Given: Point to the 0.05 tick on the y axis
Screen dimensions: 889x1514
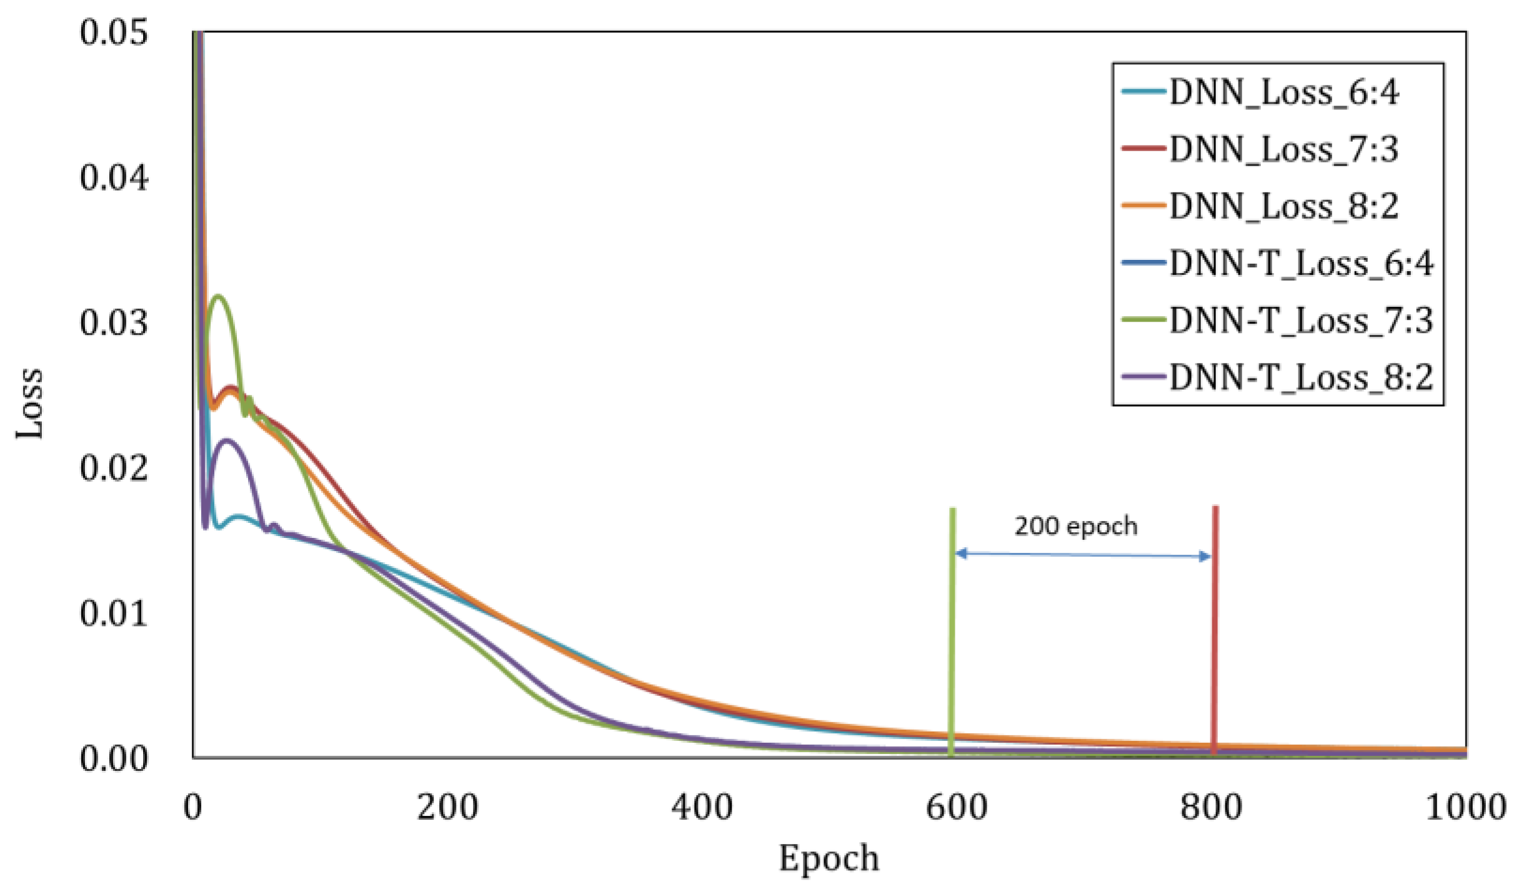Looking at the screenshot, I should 114,32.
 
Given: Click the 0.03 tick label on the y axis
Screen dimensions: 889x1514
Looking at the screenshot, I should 114,323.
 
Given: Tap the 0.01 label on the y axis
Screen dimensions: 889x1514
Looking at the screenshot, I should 114,613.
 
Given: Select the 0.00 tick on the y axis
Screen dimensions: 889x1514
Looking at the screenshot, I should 114,758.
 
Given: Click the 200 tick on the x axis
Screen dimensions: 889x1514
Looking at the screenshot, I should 447,807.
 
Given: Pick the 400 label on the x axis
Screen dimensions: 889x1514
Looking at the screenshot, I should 702,807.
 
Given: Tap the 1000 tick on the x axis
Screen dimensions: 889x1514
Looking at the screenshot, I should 1465,807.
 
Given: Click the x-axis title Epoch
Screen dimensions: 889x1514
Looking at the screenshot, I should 829,858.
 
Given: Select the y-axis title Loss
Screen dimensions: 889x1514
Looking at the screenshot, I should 30,404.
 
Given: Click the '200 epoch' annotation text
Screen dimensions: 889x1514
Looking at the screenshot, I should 1075,526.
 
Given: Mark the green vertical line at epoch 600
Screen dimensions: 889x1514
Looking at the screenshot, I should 952,631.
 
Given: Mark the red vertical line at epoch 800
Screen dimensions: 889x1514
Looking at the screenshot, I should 1215,631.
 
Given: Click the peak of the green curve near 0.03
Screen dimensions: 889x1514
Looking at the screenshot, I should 217,296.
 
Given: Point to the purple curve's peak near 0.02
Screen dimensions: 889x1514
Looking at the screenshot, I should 227,440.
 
